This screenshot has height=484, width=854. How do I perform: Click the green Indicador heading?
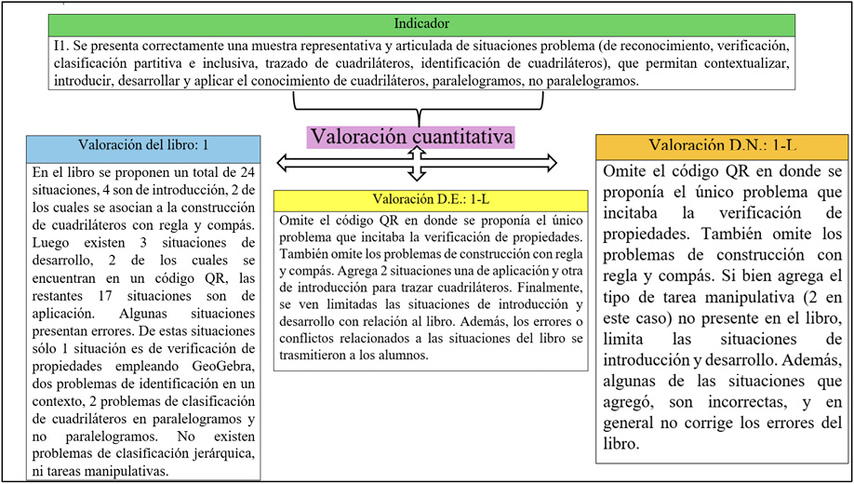[421, 24]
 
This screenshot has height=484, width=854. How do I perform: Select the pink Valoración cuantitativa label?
[412, 136]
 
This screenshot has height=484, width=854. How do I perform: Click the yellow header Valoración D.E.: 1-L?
[431, 200]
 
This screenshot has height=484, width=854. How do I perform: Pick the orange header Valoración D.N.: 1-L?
[722, 146]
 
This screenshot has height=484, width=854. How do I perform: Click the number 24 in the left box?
[244, 173]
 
